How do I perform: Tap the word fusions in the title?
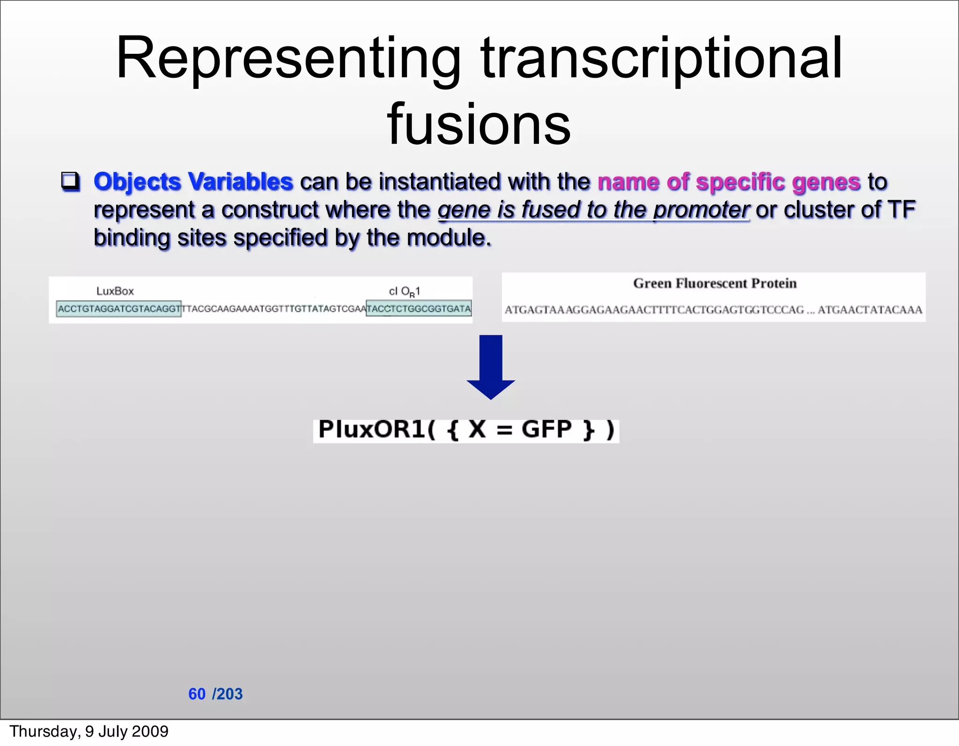pos(479,125)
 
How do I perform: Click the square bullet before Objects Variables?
pos(71,182)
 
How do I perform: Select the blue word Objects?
pos(137,182)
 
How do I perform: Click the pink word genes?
pos(826,182)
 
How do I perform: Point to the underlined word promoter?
pos(701,210)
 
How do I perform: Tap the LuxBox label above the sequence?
pos(115,291)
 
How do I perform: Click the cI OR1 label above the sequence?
pos(404,291)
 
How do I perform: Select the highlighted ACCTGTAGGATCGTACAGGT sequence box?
pos(118,309)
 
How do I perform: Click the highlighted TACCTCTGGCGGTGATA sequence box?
pos(418,309)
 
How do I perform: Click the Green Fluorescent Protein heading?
pos(715,283)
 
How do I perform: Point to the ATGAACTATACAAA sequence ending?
pos(870,310)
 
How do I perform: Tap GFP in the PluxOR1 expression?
pos(546,429)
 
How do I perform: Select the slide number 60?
pos(197,694)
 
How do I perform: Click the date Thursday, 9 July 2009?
pos(89,731)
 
